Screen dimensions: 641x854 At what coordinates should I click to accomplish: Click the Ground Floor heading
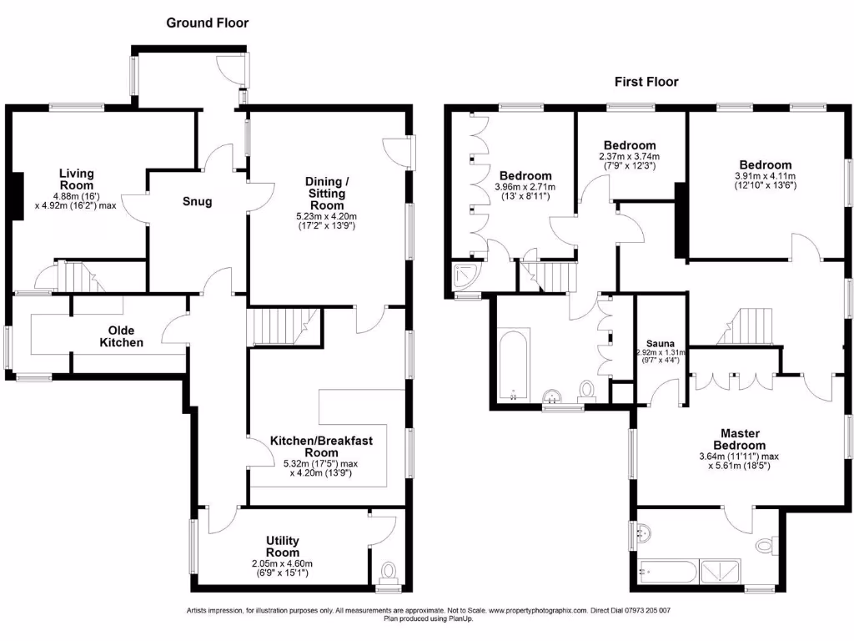click(207, 23)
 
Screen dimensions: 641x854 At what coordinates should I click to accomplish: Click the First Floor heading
click(646, 82)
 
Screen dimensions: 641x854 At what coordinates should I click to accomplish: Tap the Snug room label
click(198, 201)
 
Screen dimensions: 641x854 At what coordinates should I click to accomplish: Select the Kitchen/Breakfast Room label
click(314, 447)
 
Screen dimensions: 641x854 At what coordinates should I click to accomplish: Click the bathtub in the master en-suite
click(667, 573)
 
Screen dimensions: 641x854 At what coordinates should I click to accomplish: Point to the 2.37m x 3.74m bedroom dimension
click(630, 156)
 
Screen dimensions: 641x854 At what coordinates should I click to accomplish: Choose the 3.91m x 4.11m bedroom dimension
click(765, 176)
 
